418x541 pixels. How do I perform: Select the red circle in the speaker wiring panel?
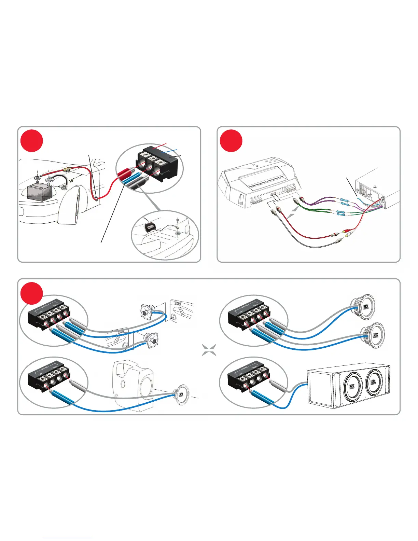pyautogui.click(x=32, y=293)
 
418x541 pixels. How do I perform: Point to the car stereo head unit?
pyautogui.click(x=376, y=191)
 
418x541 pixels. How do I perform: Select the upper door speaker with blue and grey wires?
pyautogui.click(x=148, y=311)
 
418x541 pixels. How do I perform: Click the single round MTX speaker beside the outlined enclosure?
pyautogui.click(x=181, y=395)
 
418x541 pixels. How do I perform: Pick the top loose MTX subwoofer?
pyautogui.click(x=363, y=307)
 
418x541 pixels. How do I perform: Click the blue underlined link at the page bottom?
pyautogui.click(x=68, y=538)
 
